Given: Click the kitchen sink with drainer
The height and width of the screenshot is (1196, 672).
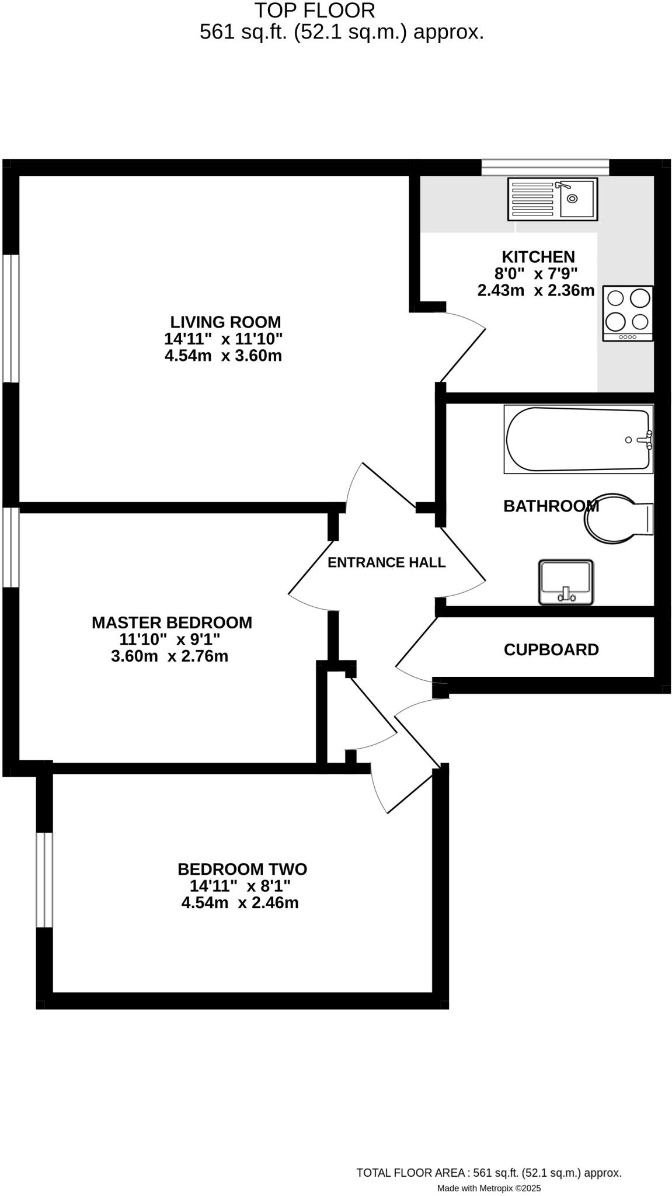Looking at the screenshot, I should (x=552, y=199).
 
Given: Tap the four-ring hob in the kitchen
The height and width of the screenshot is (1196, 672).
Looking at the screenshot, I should (x=628, y=314).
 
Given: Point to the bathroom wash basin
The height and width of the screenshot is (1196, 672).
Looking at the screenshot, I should (x=565, y=582).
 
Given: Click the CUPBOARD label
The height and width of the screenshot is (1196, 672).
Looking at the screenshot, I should (x=551, y=650).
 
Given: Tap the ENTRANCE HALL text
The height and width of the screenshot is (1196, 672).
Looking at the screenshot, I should (x=387, y=562).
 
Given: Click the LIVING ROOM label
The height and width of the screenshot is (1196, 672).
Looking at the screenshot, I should (x=225, y=322).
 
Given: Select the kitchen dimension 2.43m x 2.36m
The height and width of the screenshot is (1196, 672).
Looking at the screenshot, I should (x=536, y=290).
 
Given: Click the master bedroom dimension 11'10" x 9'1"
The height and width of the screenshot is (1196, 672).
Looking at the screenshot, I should (x=170, y=639).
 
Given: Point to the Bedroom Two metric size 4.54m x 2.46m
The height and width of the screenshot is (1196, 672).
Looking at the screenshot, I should (x=240, y=903).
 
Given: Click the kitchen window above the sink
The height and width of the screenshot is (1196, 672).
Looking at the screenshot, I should (x=545, y=167).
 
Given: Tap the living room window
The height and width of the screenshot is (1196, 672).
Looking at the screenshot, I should (x=11, y=318).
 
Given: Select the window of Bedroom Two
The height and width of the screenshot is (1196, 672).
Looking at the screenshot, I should (x=44, y=880).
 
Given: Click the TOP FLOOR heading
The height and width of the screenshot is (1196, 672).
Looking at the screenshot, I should (x=314, y=11).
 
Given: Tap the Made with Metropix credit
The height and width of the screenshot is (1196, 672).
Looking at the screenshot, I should (x=489, y=1188).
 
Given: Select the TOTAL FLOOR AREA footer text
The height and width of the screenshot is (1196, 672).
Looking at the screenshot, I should (x=489, y=1173).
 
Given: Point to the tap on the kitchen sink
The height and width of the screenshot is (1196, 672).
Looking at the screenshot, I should (x=562, y=186).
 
